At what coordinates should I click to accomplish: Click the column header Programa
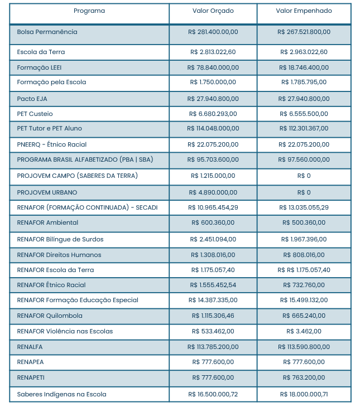pyautogui.click(x=89, y=11)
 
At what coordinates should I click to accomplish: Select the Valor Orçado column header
pyautogui.click(x=213, y=11)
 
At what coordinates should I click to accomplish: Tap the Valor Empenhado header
pyautogui.click(x=304, y=11)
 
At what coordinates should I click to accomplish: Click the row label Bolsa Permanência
pyautogui.click(x=47, y=32)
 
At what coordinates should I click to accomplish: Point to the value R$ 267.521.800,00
pyautogui.click(x=304, y=32)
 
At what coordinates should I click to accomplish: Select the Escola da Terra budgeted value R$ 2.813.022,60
pyautogui.click(x=213, y=52)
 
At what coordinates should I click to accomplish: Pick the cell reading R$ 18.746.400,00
pyautogui.click(x=304, y=67)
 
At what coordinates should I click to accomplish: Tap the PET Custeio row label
pyautogui.click(x=35, y=114)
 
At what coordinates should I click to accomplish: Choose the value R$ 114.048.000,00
pyautogui.click(x=213, y=129)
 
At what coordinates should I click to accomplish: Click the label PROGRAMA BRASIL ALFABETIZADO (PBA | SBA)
pyautogui.click(x=85, y=160)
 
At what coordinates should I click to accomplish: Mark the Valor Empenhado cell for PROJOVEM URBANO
pyautogui.click(x=304, y=192)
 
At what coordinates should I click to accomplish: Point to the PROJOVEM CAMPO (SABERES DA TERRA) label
pyautogui.click(x=77, y=176)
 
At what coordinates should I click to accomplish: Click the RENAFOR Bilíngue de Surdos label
pyautogui.click(x=60, y=240)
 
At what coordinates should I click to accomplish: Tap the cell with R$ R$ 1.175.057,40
pyautogui.click(x=304, y=270)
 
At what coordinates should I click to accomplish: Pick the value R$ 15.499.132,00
pyautogui.click(x=304, y=301)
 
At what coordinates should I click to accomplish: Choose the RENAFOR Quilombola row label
pyautogui.click(x=50, y=316)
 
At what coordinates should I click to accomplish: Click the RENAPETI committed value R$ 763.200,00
pyautogui.click(x=304, y=378)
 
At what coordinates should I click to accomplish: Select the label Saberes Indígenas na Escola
pyautogui.click(x=61, y=395)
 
